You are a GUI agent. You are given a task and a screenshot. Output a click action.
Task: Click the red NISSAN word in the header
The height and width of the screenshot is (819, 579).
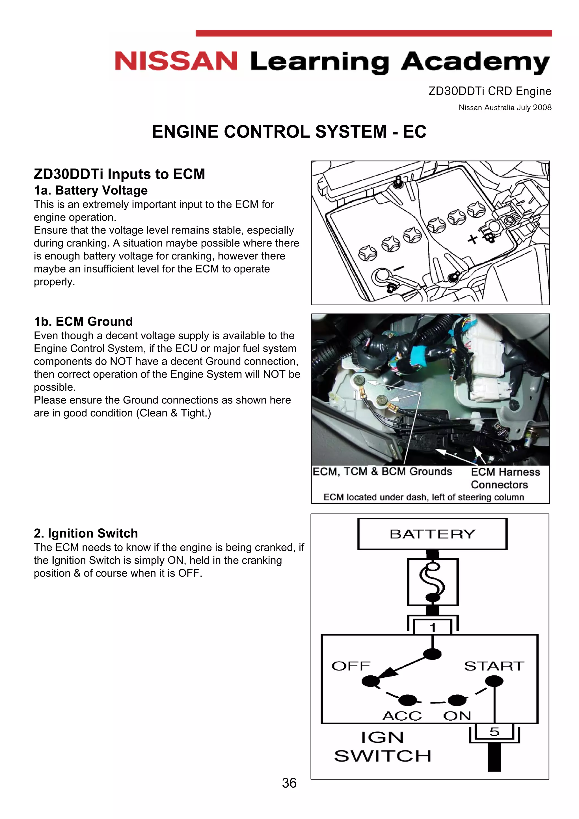tap(176, 61)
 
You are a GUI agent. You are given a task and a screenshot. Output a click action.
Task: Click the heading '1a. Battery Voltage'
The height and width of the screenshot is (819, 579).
tap(91, 190)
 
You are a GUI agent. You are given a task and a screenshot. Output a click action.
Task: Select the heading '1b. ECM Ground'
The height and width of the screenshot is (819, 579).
tap(83, 321)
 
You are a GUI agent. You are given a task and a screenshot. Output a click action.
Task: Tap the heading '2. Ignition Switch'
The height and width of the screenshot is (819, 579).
tap(86, 533)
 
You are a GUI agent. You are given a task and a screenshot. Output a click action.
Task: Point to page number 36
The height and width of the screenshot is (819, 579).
tap(289, 783)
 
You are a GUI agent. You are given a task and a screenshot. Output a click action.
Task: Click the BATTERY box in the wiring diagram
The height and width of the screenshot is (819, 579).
tap(432, 534)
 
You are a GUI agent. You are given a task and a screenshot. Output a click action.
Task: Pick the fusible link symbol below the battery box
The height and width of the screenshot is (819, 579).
tap(432, 582)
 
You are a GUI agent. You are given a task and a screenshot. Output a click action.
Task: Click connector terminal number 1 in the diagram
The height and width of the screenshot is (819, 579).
tap(432, 627)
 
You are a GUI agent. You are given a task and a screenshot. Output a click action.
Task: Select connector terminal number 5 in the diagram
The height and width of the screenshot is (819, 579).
tap(494, 732)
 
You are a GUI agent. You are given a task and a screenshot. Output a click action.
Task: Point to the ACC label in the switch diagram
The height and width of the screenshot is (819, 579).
tap(402, 716)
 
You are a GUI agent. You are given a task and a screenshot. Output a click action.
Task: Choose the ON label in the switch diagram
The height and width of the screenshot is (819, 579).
tap(457, 716)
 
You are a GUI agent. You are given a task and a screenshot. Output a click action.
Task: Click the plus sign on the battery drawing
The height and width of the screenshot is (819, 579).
tap(473, 239)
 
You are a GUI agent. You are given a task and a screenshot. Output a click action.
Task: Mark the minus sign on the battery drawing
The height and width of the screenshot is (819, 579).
tap(399, 268)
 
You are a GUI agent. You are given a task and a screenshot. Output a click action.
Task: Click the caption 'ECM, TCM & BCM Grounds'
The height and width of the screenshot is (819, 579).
tap(382, 472)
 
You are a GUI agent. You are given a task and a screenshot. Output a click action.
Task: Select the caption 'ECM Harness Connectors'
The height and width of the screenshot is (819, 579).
tap(505, 478)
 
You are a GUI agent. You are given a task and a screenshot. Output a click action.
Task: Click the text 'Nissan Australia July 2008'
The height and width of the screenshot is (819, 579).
tap(505, 107)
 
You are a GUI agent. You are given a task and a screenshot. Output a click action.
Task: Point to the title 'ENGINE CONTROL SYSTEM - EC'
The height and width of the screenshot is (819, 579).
tap(289, 132)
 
